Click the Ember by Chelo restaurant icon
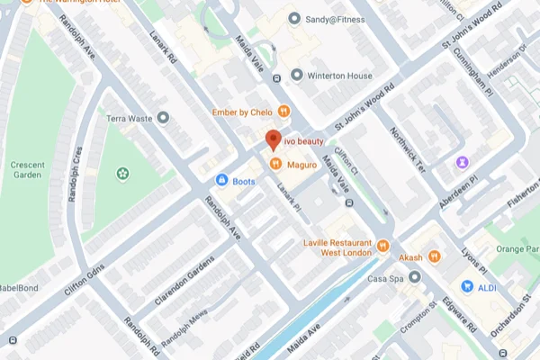(283, 112)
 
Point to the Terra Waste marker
(163, 118)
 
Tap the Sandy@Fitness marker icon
(293, 18)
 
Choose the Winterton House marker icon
(296, 75)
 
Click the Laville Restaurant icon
(382, 245)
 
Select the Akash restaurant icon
(434, 256)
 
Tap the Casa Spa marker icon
(414, 278)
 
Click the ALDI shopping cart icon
(467, 285)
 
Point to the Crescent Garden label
(33, 170)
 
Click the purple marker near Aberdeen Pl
(463, 161)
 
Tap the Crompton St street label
(418, 332)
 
